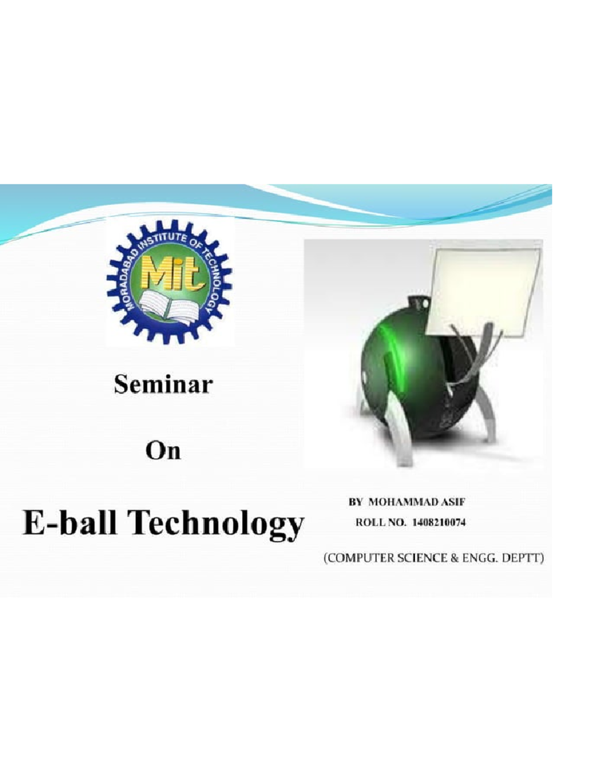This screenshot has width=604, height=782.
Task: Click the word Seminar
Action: tap(163, 385)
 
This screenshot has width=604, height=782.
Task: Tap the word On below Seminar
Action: tap(163, 451)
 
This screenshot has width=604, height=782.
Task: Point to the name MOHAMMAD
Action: tap(397, 502)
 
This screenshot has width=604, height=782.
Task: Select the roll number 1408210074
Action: tap(438, 523)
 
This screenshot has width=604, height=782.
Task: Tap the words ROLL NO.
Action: tap(380, 523)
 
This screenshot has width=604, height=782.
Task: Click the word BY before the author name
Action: tap(355, 502)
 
